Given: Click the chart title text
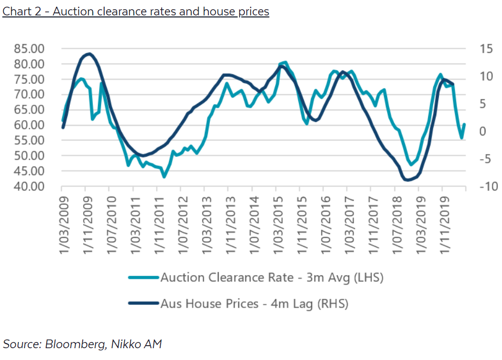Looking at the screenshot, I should [136, 11].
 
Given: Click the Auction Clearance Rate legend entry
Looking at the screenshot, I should [272, 278].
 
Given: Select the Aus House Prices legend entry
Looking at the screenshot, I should [254, 304].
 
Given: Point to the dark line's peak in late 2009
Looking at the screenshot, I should [89, 53].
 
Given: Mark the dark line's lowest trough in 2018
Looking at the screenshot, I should [407, 180].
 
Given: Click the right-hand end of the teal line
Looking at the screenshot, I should [464, 124].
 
